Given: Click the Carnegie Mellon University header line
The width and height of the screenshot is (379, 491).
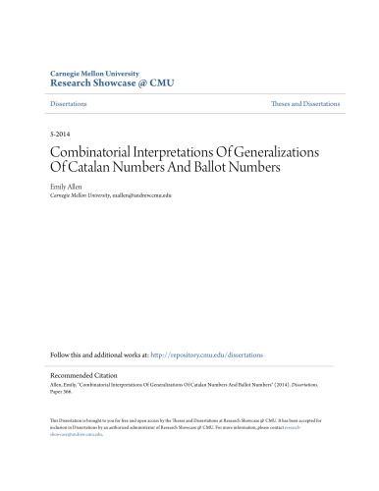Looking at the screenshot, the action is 95,74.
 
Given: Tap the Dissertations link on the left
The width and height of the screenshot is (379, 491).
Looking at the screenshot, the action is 69,103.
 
